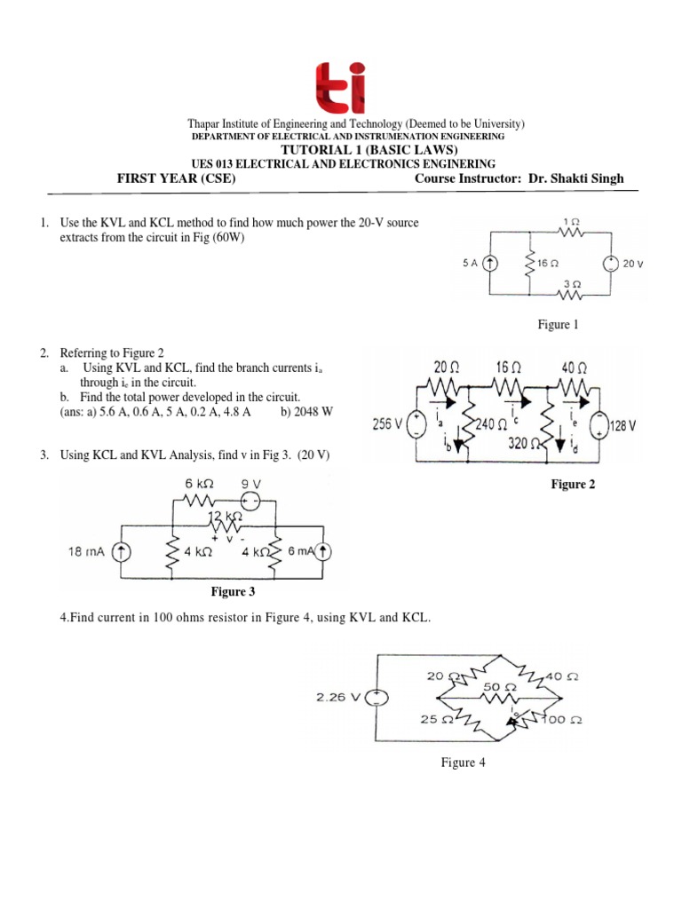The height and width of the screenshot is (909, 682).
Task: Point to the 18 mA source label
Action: pyautogui.click(x=87, y=551)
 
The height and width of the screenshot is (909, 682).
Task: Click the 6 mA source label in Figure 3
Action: pyautogui.click(x=302, y=551)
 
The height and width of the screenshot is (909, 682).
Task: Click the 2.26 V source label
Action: pyautogui.click(x=338, y=697)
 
